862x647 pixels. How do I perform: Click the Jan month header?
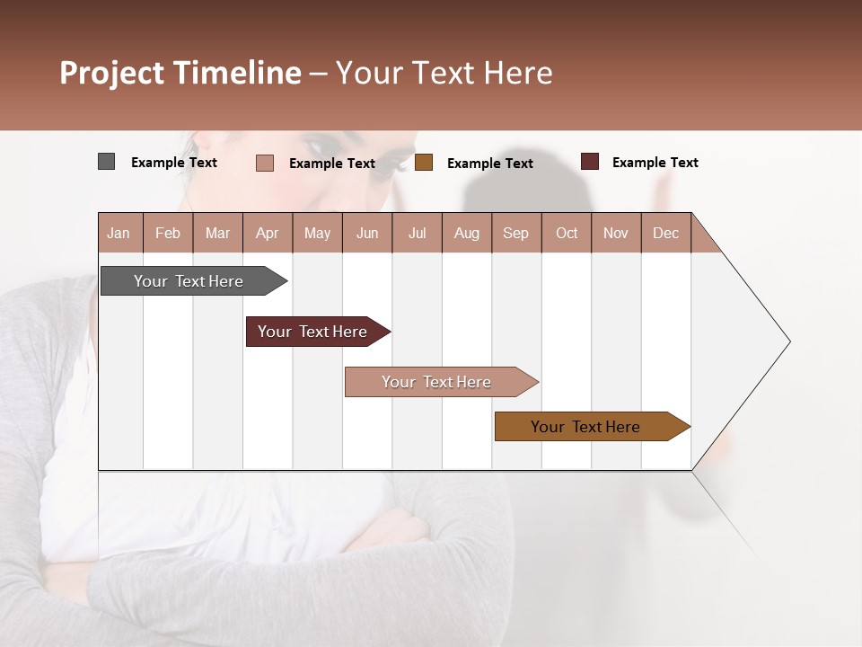[119, 233]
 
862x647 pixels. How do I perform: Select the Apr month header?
[267, 233]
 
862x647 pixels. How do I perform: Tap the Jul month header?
[417, 233]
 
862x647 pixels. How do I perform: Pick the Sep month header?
[515, 233]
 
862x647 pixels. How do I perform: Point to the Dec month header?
[665, 233]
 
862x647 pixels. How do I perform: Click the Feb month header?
[168, 233]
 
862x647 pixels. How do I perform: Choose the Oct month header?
[567, 233]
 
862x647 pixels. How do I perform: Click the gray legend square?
[106, 162]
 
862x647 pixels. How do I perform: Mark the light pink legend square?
[264, 163]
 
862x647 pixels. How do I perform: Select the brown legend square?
[424, 163]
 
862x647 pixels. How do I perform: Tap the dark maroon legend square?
[589, 162]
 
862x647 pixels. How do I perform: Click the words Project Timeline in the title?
[180, 73]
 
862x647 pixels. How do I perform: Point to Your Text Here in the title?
[444, 73]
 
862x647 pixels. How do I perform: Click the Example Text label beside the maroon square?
[655, 163]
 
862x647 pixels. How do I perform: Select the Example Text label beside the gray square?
[173, 163]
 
